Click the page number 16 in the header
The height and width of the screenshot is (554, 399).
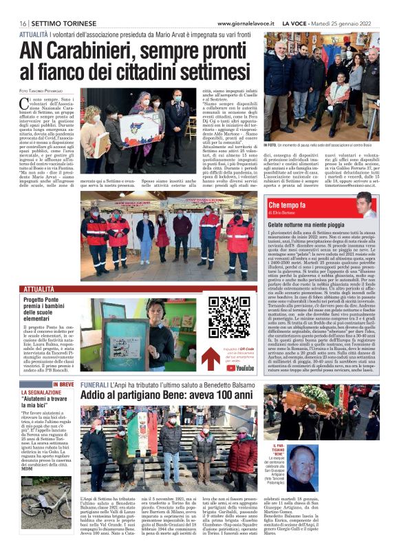pos(23,23)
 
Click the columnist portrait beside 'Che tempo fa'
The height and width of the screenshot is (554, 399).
pos(366,205)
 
